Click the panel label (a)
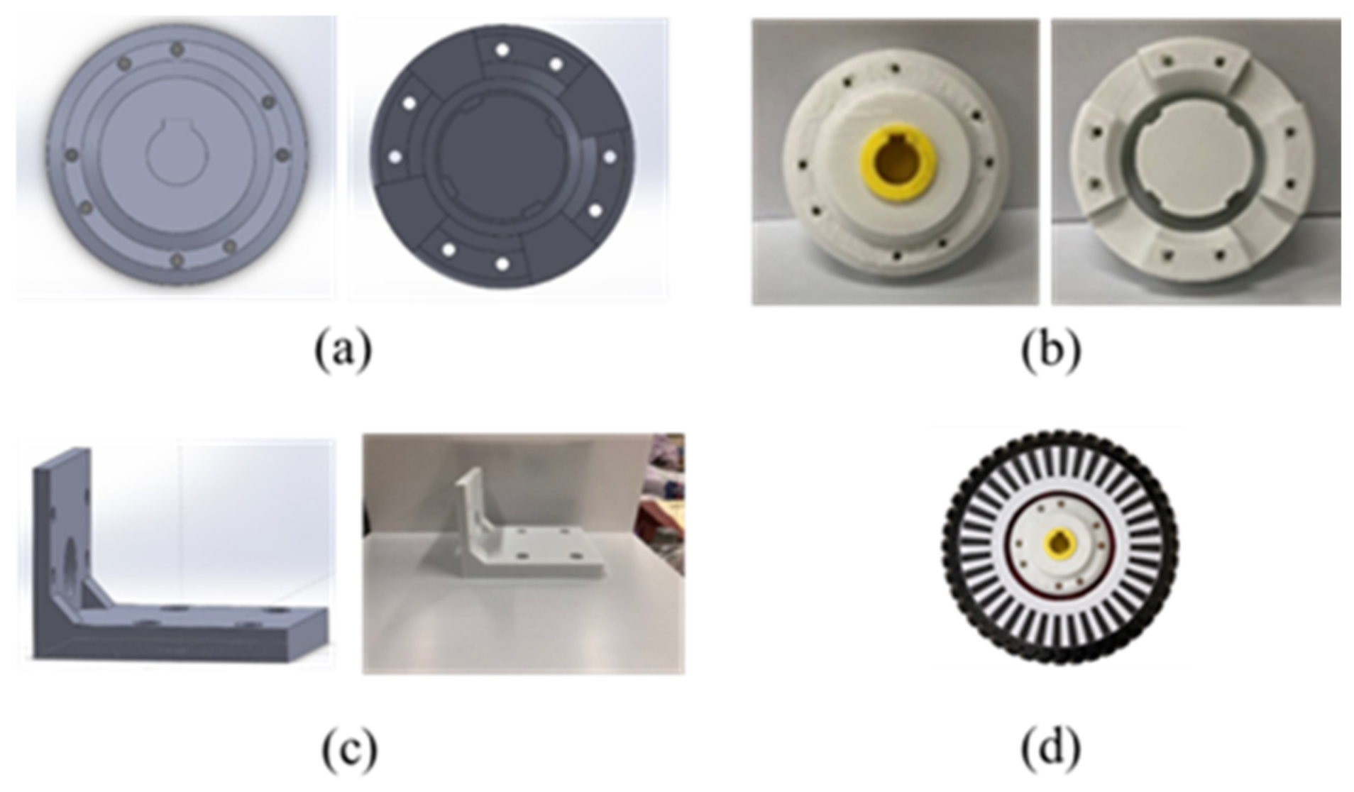coord(343,349)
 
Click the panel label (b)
coord(1051,349)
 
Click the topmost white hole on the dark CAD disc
coord(502,50)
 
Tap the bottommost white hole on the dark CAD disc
coord(502,264)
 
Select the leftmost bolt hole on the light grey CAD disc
coord(71,155)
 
